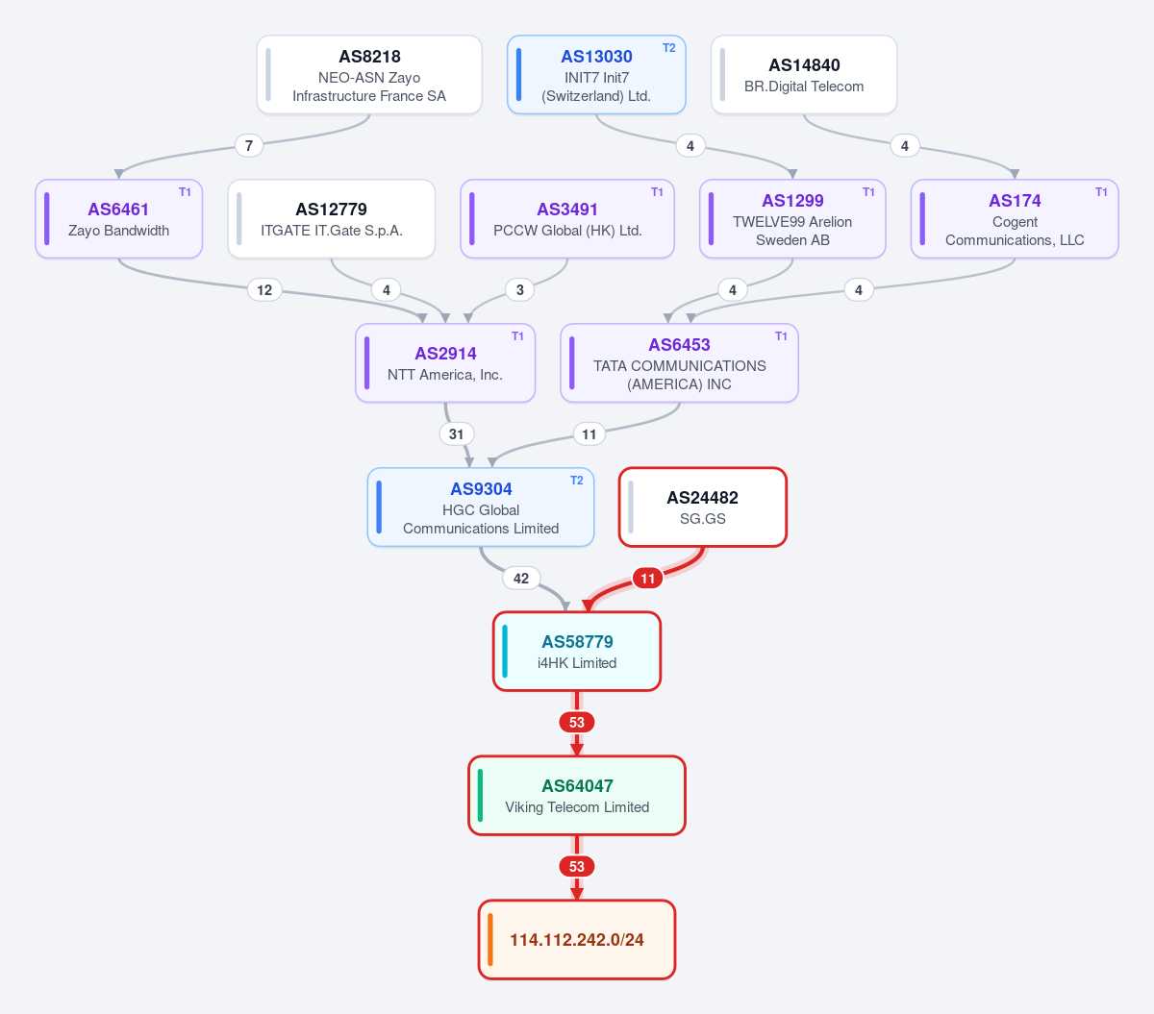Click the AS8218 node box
click(369, 75)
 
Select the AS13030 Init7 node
click(596, 75)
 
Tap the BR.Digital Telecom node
click(804, 75)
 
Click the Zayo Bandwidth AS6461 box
click(118, 218)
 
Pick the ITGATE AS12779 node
click(331, 218)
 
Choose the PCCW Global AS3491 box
click(567, 218)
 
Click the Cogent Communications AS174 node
click(1015, 218)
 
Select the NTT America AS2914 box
click(445, 362)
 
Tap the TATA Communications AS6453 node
click(679, 362)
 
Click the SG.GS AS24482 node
click(702, 507)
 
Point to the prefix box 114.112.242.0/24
click(576, 939)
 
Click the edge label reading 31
click(456, 433)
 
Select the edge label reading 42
click(520, 578)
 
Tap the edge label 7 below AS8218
click(249, 146)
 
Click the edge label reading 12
click(264, 290)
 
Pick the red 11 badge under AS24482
click(647, 578)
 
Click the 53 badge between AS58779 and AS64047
click(576, 722)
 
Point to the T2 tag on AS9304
click(576, 480)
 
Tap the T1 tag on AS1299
click(868, 192)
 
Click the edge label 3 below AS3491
click(520, 290)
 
